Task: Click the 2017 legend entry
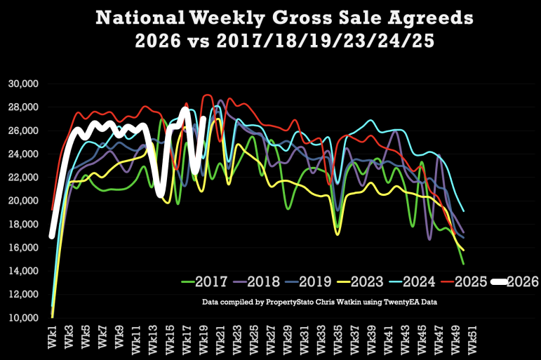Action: click(204, 281)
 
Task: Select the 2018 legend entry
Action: click(256, 281)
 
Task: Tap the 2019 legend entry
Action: click(309, 281)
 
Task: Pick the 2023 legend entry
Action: click(360, 281)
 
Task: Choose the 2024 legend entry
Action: click(412, 281)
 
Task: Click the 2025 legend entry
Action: click(464, 281)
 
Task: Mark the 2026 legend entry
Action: click(515, 281)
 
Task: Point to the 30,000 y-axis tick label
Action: click(23, 84)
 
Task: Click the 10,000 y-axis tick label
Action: click(23, 318)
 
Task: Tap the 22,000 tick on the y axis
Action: click(23, 178)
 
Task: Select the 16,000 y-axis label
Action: click(23, 248)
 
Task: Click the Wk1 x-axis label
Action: click(52, 337)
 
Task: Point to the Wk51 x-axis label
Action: click(472, 339)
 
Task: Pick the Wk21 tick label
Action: click(220, 339)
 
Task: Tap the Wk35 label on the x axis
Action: click(338, 339)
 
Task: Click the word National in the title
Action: click(140, 18)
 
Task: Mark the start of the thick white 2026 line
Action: click(52, 236)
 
